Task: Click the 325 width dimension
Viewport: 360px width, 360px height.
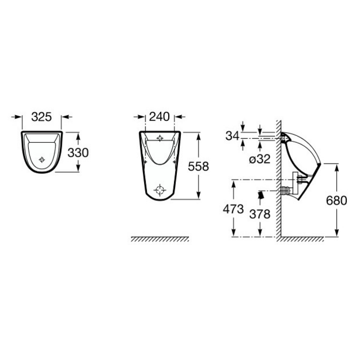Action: pyautogui.click(x=41, y=117)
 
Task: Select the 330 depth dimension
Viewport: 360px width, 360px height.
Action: pyautogui.click(x=78, y=153)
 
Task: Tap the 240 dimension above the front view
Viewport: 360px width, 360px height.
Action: pyautogui.click(x=160, y=116)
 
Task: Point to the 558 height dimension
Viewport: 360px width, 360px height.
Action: pyautogui.click(x=198, y=166)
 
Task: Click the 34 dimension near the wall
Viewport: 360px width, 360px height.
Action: pyautogui.click(x=233, y=136)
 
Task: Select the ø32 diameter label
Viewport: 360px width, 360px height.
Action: pyautogui.click(x=260, y=159)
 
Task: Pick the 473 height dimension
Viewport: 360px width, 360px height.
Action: pyautogui.click(x=233, y=209)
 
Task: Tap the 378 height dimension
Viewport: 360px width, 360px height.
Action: pyautogui.click(x=260, y=214)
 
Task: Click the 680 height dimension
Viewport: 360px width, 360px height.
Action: pyautogui.click(x=336, y=200)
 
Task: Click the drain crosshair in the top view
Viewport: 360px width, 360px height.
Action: pyautogui.click(x=42, y=160)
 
